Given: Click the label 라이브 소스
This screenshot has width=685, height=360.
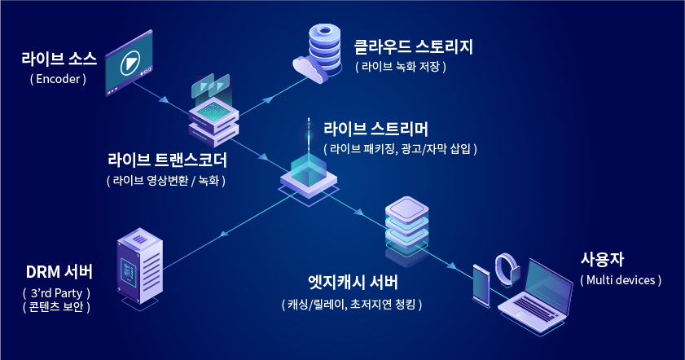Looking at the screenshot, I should (x=59, y=59).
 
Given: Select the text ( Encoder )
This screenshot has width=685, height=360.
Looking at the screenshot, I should (x=58, y=80).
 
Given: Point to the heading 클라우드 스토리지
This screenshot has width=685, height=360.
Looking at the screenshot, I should (x=413, y=46).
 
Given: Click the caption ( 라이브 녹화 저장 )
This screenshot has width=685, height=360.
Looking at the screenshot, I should (x=402, y=67).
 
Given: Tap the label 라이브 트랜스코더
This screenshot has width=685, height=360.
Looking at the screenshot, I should (x=167, y=158).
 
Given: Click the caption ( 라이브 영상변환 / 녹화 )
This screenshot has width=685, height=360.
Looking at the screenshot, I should (x=166, y=180).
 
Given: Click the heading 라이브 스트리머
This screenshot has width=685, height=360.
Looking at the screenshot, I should (x=376, y=129).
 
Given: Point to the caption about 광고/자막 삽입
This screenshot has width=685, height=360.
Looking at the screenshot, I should (x=400, y=149).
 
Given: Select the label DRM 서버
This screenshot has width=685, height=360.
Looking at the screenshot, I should (x=59, y=271).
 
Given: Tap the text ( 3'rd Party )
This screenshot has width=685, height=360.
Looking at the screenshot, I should (x=57, y=292).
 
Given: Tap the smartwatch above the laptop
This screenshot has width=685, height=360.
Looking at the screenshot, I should (x=507, y=268).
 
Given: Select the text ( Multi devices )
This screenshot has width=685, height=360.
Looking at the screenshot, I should (x=621, y=279).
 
